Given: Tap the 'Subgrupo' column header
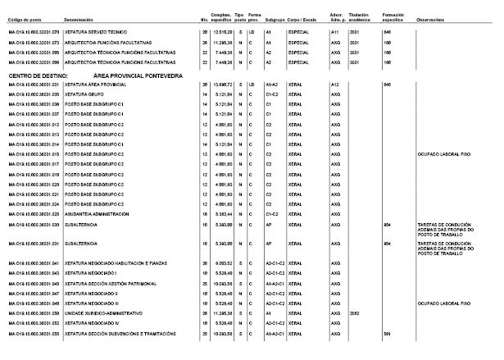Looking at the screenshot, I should coord(274,16).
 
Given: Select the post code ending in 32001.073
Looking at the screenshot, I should coord(35,41).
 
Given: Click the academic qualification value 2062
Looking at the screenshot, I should coord(354,313).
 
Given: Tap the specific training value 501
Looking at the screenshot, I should coord(387,334).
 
